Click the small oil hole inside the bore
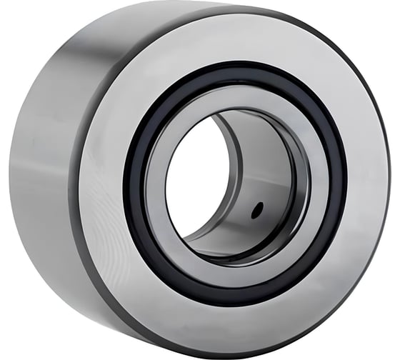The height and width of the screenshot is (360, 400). click(x=259, y=209)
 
